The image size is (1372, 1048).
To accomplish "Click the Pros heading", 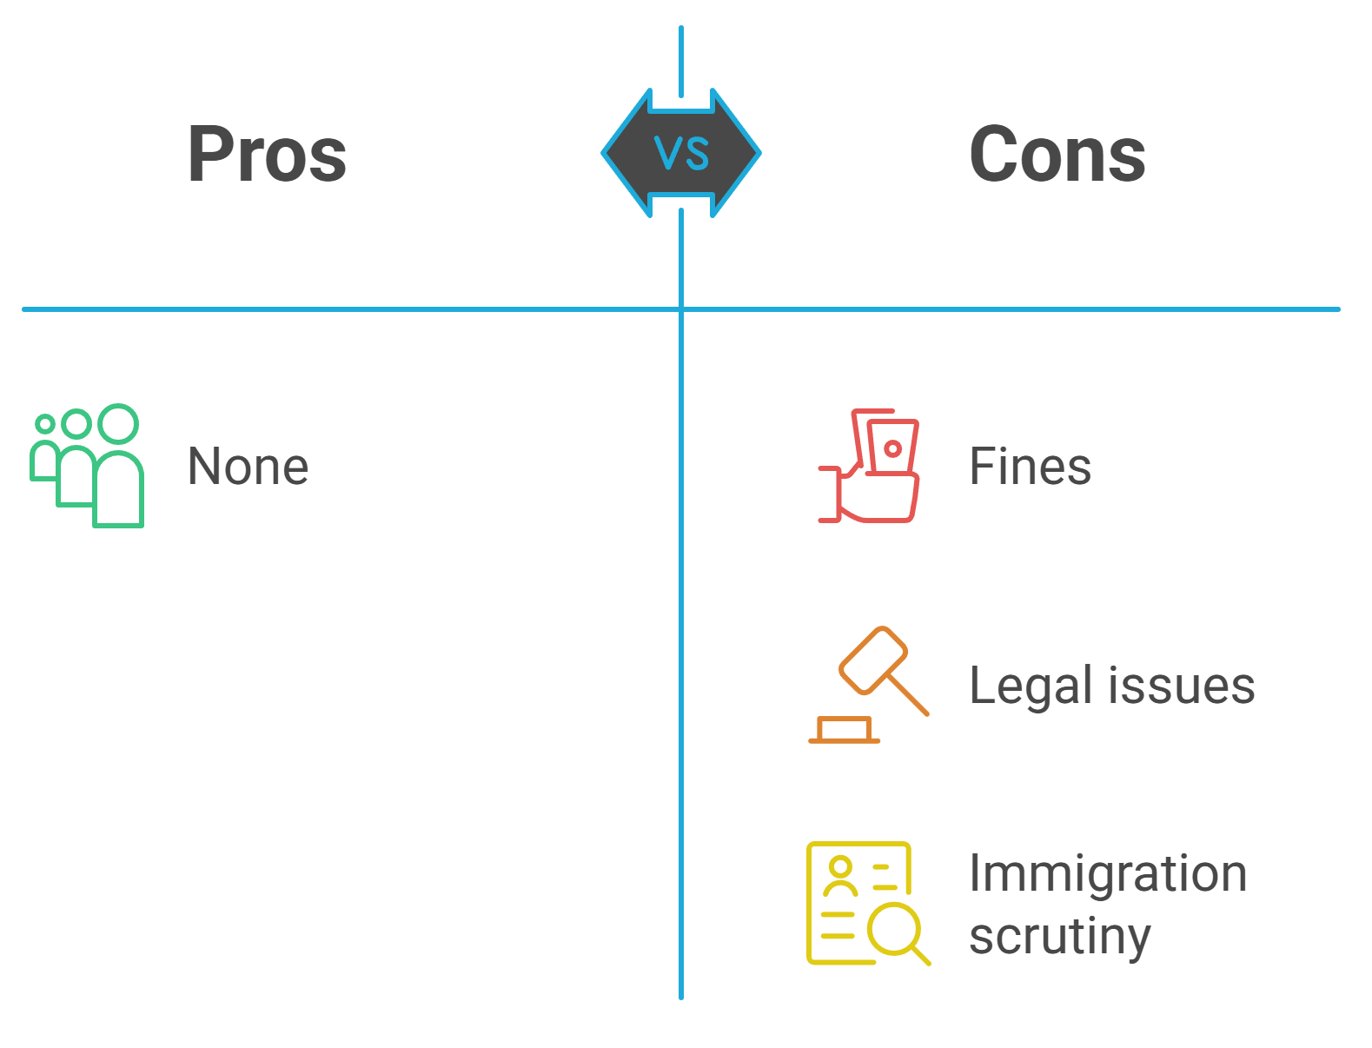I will click(267, 155).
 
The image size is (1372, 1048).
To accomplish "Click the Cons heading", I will click(1057, 155).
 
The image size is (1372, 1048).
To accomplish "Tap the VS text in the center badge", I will click(682, 154).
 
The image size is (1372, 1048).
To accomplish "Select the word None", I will click(248, 467).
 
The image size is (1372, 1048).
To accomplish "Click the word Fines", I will click(1030, 467).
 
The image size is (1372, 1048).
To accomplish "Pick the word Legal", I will click(1030, 686).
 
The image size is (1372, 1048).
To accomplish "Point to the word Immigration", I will click(1108, 873).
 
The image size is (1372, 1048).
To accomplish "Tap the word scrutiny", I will click(1059, 937).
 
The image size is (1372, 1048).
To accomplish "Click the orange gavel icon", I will click(869, 685).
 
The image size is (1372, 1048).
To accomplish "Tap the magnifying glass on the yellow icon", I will click(896, 931).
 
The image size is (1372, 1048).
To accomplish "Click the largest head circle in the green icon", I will click(118, 423).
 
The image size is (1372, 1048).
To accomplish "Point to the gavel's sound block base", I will click(844, 730).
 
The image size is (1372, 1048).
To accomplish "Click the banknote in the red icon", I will click(892, 448).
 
